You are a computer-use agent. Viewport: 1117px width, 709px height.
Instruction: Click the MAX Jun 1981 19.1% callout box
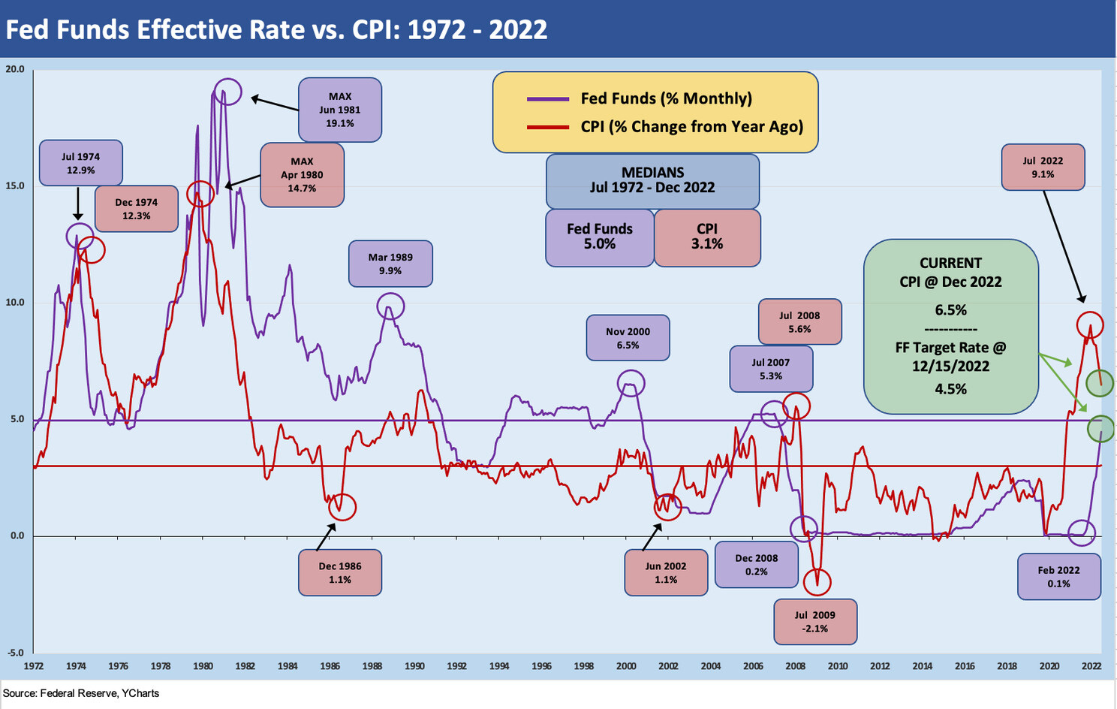(339, 110)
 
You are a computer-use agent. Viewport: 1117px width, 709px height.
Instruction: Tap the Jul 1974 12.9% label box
(80, 163)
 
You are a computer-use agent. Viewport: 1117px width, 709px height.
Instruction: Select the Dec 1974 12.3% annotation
(136, 209)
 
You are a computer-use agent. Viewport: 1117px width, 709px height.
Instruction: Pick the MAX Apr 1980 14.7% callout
(302, 175)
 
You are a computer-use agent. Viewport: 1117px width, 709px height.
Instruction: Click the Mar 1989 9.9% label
(390, 264)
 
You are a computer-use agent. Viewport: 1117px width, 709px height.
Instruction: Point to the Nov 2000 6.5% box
(628, 338)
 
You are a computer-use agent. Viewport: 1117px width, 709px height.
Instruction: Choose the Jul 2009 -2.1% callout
(815, 621)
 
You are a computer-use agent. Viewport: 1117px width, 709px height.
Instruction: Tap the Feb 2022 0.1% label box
(1058, 576)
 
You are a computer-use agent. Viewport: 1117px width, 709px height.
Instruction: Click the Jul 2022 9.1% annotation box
(1043, 167)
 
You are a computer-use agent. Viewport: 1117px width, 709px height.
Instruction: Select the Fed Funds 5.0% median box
(599, 237)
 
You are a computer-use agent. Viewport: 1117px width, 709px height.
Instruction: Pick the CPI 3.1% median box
(707, 237)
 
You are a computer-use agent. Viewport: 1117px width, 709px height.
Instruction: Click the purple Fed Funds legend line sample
(548, 99)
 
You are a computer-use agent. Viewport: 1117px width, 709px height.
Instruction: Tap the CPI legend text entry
(691, 127)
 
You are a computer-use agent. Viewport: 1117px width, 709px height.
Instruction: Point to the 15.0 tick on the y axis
(15, 186)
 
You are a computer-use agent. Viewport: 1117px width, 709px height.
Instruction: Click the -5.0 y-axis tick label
(15, 653)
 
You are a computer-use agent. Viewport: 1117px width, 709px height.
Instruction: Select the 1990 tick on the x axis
(414, 665)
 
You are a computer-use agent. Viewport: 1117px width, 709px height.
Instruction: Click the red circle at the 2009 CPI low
(817, 581)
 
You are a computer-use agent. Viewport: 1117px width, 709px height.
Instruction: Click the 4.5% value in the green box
(950, 389)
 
